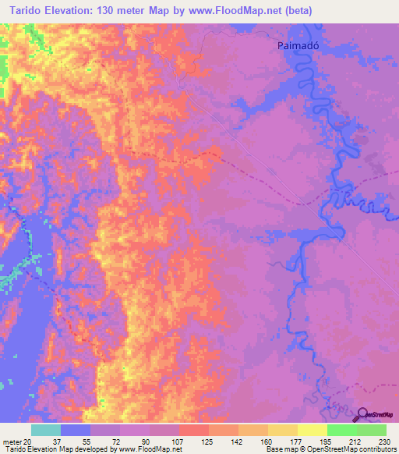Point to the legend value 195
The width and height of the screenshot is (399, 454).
[327, 442]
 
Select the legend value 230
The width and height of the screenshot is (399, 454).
[384, 442]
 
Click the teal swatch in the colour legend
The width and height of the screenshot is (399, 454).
[45, 430]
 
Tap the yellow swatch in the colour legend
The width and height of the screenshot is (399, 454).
[312, 430]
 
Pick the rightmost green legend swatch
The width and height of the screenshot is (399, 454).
[371, 430]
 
